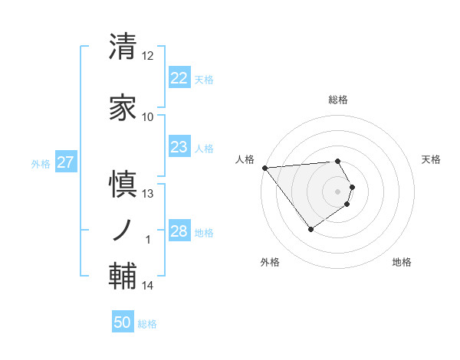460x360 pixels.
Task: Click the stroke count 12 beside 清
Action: tap(148, 56)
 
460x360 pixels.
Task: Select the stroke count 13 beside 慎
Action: tap(148, 194)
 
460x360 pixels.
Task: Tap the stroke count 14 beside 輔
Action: tap(148, 286)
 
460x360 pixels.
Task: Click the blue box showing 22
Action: tap(179, 78)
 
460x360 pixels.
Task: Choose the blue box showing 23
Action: tap(179, 147)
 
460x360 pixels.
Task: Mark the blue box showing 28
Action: tap(179, 231)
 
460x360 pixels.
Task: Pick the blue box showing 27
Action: tap(66, 162)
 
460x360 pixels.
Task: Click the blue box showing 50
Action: tap(123, 322)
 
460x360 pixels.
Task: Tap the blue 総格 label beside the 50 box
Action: tap(147, 324)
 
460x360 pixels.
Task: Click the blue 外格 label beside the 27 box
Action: tap(41, 163)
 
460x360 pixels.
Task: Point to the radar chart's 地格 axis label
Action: tap(402, 262)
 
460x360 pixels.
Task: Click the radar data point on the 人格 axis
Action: tap(264, 167)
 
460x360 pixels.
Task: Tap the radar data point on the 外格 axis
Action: tap(310, 229)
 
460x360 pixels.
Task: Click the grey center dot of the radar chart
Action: tap(337, 191)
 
